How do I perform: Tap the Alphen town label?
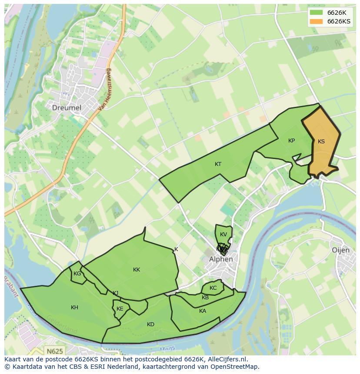(221, 259)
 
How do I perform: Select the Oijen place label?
(340, 250)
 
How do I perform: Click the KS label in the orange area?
(321, 142)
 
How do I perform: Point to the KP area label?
(291, 141)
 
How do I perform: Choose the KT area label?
(218, 164)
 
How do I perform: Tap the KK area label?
(137, 270)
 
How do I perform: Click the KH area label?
(74, 308)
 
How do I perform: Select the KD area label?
(150, 324)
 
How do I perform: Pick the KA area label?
(203, 311)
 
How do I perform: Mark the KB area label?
(205, 298)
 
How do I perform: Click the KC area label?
(213, 288)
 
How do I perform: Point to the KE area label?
(120, 309)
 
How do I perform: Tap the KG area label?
(77, 274)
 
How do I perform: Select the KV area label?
(223, 235)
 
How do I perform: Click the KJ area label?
(115, 293)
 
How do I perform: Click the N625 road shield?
(54, 350)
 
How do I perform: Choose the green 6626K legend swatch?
(316, 12)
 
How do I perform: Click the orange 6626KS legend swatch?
(316, 21)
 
